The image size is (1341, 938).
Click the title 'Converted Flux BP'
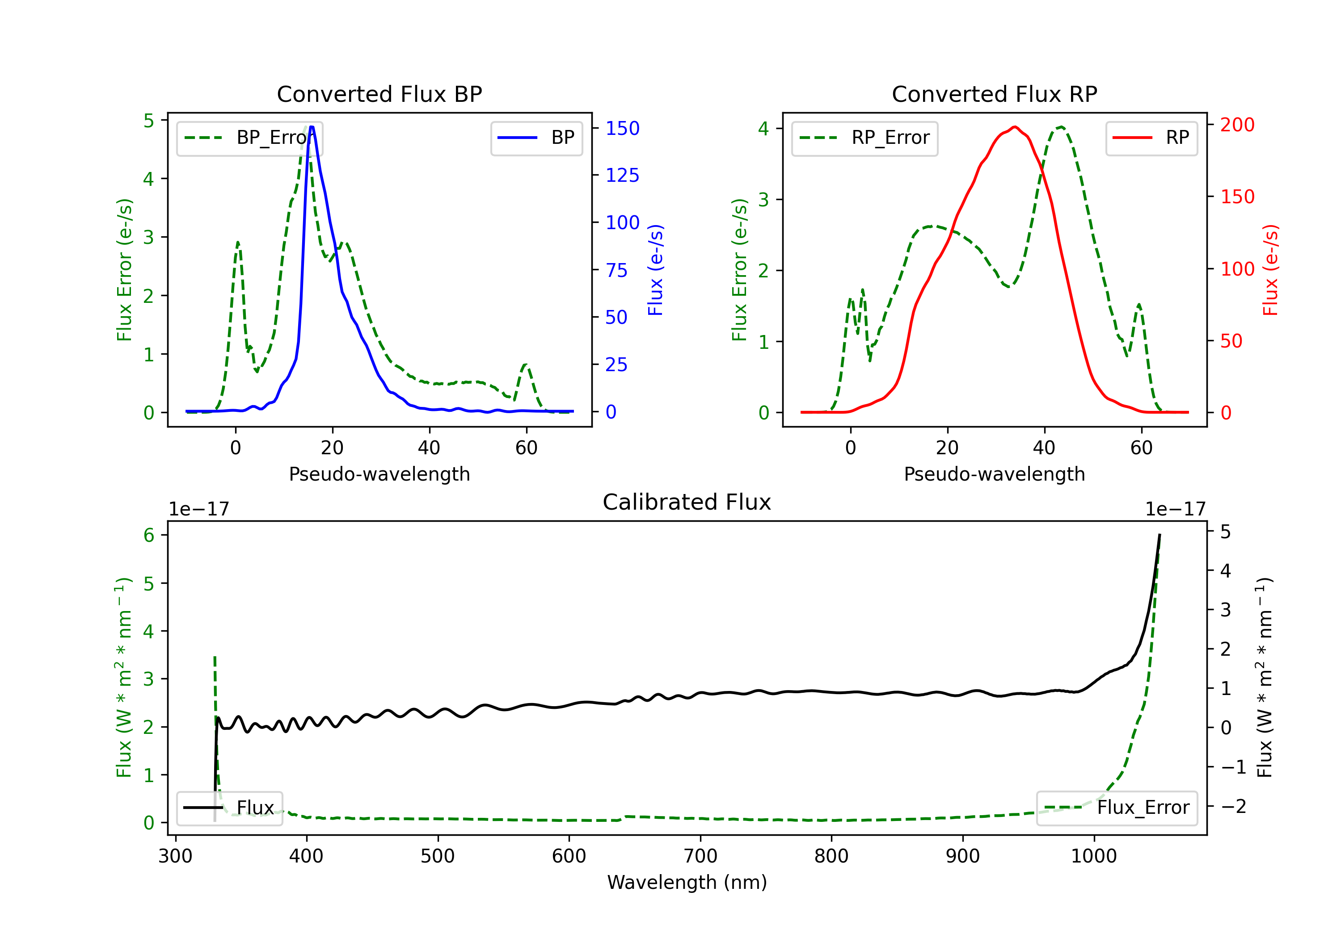click(379, 94)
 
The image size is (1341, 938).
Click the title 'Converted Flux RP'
click(994, 94)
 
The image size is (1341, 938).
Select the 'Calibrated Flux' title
click(687, 502)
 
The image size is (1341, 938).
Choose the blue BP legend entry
click(536, 138)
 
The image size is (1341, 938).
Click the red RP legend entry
click(1151, 138)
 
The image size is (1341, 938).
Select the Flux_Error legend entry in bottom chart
click(1116, 808)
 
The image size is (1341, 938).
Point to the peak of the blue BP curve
click(311, 127)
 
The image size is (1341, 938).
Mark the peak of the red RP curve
click(1015, 127)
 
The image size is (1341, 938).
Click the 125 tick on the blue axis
click(622, 175)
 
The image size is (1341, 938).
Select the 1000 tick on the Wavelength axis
click(1093, 856)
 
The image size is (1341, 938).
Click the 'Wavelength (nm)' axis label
click(687, 883)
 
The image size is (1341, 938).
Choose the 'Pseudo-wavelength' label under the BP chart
click(379, 474)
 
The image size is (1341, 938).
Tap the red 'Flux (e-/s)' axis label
click(1270, 270)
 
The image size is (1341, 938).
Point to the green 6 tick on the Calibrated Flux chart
click(149, 535)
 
